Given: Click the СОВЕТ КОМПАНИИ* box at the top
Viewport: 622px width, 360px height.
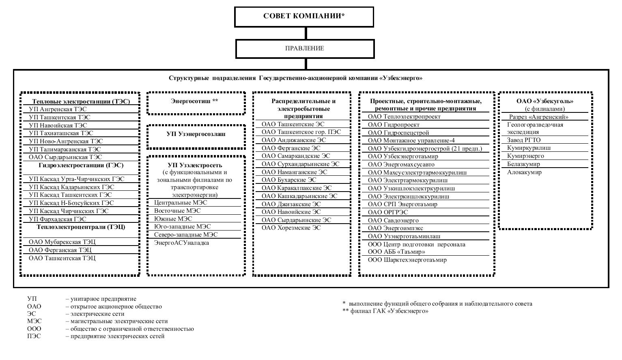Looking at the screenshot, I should pyautogui.click(x=304, y=17).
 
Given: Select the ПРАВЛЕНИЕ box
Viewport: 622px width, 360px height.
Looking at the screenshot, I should pyautogui.click(x=305, y=48).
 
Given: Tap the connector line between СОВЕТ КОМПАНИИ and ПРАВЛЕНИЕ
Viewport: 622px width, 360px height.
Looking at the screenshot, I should pyautogui.click(x=305, y=33).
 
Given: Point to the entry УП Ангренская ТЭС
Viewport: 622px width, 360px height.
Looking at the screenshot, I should pyautogui.click(x=58, y=109).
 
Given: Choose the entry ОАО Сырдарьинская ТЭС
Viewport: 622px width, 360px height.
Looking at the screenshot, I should pyautogui.click(x=65, y=157).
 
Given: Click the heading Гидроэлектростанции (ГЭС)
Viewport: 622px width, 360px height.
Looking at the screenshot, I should pyautogui.click(x=81, y=165).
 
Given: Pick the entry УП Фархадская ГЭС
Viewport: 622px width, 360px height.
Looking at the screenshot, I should pyautogui.click(x=57, y=219).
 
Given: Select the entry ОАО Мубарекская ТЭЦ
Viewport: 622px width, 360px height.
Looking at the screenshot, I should pyautogui.click(x=62, y=242).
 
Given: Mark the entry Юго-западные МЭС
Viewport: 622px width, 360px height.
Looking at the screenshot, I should pyautogui.click(x=182, y=226).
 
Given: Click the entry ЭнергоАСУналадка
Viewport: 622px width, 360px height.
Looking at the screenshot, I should pyautogui.click(x=181, y=243).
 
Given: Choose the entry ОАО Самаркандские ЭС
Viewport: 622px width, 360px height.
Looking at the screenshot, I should pyautogui.click(x=296, y=156).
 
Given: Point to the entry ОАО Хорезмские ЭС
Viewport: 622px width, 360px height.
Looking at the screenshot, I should pyautogui.click(x=291, y=228).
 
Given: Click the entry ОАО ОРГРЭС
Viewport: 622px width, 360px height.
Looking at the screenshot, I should pyautogui.click(x=388, y=212).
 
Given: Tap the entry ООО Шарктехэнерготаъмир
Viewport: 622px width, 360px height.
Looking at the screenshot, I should pyautogui.click(x=407, y=260).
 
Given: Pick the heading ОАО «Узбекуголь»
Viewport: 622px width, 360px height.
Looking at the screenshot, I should pyautogui.click(x=545, y=101).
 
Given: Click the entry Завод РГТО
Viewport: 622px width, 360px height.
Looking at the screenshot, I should pyautogui.click(x=524, y=140).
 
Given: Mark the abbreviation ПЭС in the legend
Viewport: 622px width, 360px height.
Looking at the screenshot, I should pyautogui.click(x=34, y=336).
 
